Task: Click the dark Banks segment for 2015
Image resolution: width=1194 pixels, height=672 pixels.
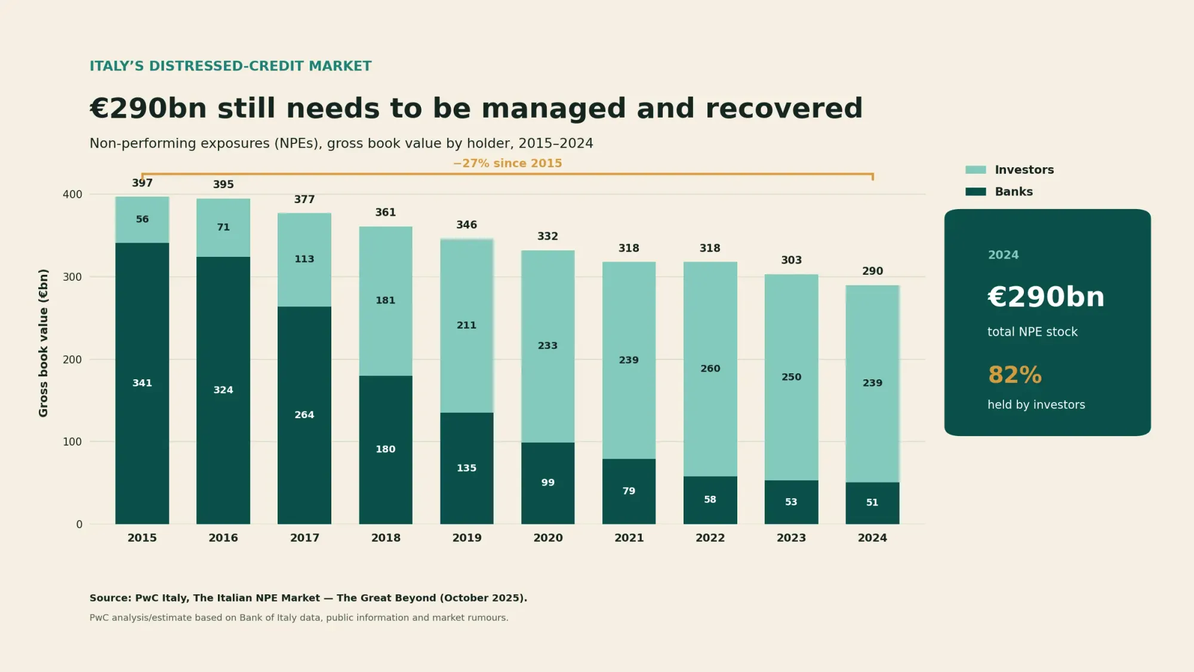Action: pos(142,383)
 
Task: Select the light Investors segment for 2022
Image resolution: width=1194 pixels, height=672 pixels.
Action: pos(710,369)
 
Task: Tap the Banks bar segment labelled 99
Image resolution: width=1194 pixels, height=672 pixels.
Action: pos(547,483)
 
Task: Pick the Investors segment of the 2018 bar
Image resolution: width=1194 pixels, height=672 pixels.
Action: pos(386,301)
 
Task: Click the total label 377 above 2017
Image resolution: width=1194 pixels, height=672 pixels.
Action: pos(304,200)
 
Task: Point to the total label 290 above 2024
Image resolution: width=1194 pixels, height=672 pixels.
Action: pos(872,271)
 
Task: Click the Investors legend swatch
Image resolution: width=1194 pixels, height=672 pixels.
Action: pos(975,170)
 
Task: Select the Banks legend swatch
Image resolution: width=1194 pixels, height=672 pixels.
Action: pos(975,192)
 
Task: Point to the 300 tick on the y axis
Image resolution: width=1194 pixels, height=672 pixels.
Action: pos(72,277)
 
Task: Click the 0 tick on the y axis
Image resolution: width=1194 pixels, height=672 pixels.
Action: pos(79,524)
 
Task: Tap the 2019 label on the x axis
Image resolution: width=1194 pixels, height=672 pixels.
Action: pos(467,538)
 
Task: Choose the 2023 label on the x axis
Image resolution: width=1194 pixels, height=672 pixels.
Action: pos(791,538)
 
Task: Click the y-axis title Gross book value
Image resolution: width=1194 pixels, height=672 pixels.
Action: pos(43,343)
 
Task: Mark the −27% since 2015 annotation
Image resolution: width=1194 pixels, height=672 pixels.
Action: pos(507,163)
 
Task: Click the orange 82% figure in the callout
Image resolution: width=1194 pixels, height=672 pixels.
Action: pos(1015,375)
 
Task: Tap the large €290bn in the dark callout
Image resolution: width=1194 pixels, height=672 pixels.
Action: pos(1046,297)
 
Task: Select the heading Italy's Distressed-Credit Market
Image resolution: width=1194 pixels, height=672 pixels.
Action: pos(230,66)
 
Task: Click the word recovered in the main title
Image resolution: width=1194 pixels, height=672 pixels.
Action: pos(784,109)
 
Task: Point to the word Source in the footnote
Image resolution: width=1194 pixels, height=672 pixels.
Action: pos(110,598)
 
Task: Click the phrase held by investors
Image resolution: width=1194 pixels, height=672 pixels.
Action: pos(1036,405)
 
